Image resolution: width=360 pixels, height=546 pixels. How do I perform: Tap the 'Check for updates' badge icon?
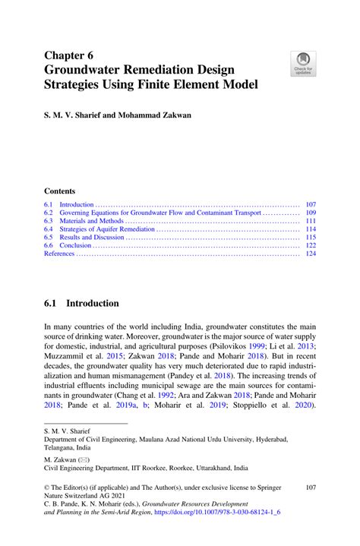pos(304,64)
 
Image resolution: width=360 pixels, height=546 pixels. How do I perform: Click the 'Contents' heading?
pos(59,191)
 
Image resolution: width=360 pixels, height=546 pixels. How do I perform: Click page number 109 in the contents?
pos(310,213)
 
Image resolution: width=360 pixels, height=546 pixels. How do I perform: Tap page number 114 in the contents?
pos(310,229)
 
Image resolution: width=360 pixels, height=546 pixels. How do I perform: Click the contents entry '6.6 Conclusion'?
pos(68,246)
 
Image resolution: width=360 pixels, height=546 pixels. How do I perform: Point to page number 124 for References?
pos(310,254)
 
